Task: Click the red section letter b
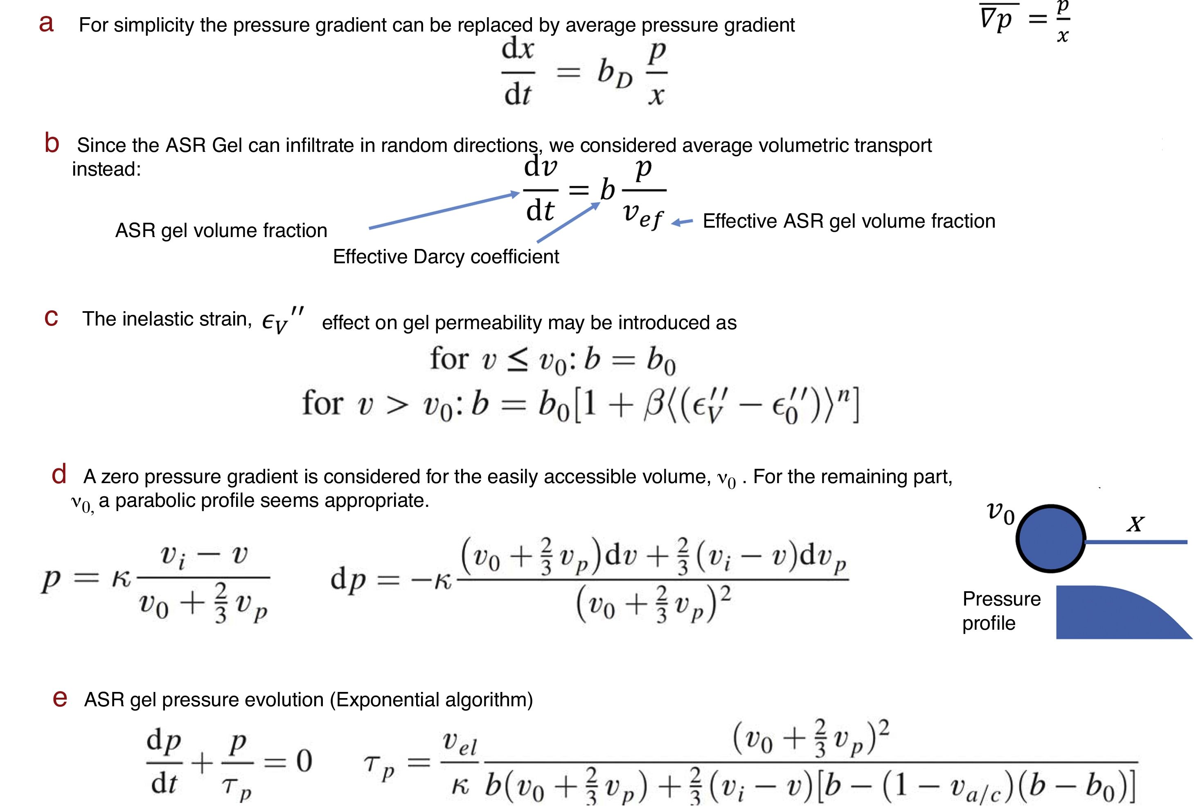tap(52, 143)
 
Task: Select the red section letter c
tap(51, 318)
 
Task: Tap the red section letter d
tap(59, 474)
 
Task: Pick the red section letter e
tap(60, 698)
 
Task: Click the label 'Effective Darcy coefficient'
tap(446, 256)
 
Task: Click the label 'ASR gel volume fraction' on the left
tap(221, 230)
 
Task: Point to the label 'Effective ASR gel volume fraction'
tap(849, 221)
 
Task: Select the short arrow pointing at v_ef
tap(682, 222)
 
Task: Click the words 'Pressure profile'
tap(1000, 610)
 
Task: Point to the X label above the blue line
tap(1135, 524)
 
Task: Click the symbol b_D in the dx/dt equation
tap(615, 74)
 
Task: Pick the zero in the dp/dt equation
tap(304, 761)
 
